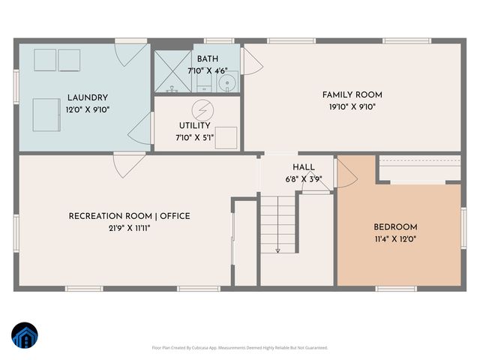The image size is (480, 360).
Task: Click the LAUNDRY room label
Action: tap(88, 97)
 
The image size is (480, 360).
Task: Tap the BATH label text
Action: tap(208, 59)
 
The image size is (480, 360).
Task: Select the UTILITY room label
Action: tap(194, 126)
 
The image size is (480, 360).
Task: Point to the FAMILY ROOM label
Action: tap(352, 94)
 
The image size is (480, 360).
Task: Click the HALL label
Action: tap(304, 167)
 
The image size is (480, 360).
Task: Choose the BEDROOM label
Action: tap(395, 227)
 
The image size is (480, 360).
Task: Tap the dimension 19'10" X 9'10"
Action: tap(352, 106)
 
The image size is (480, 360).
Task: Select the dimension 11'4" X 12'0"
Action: tap(395, 239)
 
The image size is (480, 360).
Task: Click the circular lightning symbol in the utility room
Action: tap(201, 109)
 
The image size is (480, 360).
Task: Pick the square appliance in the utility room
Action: tap(226, 137)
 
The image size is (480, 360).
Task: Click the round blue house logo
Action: tap(25, 335)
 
